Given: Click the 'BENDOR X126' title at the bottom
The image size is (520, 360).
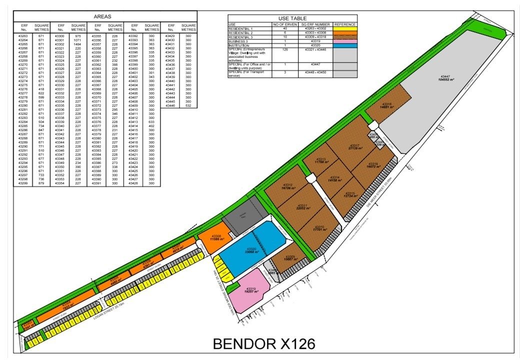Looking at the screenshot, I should (x=264, y=344).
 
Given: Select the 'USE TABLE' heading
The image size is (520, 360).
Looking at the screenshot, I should (x=292, y=18).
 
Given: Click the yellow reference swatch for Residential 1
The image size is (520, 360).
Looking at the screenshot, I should (x=345, y=28).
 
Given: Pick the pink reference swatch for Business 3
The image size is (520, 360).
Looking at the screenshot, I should (x=345, y=41).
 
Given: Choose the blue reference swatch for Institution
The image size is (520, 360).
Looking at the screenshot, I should (x=345, y=45).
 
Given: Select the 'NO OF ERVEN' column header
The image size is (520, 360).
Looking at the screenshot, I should (x=285, y=24).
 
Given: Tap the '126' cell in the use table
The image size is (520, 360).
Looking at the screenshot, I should (x=285, y=49).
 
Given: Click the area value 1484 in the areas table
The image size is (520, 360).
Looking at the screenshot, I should (x=77, y=44).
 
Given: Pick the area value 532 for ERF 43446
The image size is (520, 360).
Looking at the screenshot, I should (x=188, y=105).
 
